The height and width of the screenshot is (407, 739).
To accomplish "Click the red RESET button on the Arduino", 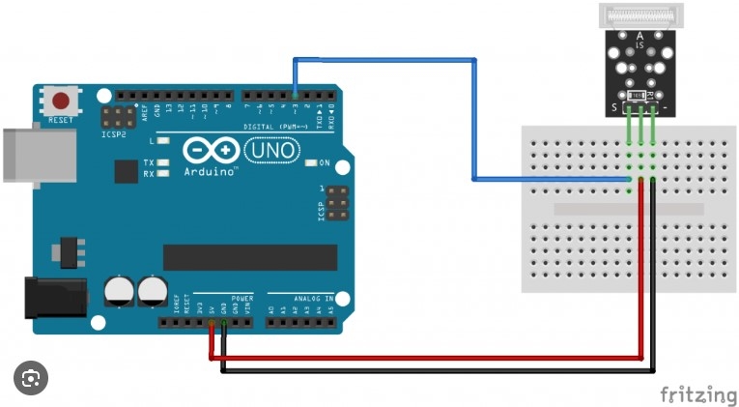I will [x=62, y=101].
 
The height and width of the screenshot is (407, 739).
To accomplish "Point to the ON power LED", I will [x=311, y=163].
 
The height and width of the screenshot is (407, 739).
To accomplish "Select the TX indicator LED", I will [x=164, y=162].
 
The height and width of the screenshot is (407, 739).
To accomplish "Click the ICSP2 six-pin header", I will [x=120, y=118].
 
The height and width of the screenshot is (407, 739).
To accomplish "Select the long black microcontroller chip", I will [x=250, y=257].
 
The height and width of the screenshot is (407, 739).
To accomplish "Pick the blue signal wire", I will [x=473, y=116].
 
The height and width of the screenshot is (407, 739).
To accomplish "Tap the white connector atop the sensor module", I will [x=639, y=16].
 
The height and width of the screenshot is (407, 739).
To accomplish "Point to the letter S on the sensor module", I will [x=611, y=107].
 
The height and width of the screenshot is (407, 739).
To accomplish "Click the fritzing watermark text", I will [x=697, y=393].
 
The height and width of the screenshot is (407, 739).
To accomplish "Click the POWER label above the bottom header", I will [x=242, y=300].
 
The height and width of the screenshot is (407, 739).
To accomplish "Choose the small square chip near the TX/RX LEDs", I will [x=126, y=171].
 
